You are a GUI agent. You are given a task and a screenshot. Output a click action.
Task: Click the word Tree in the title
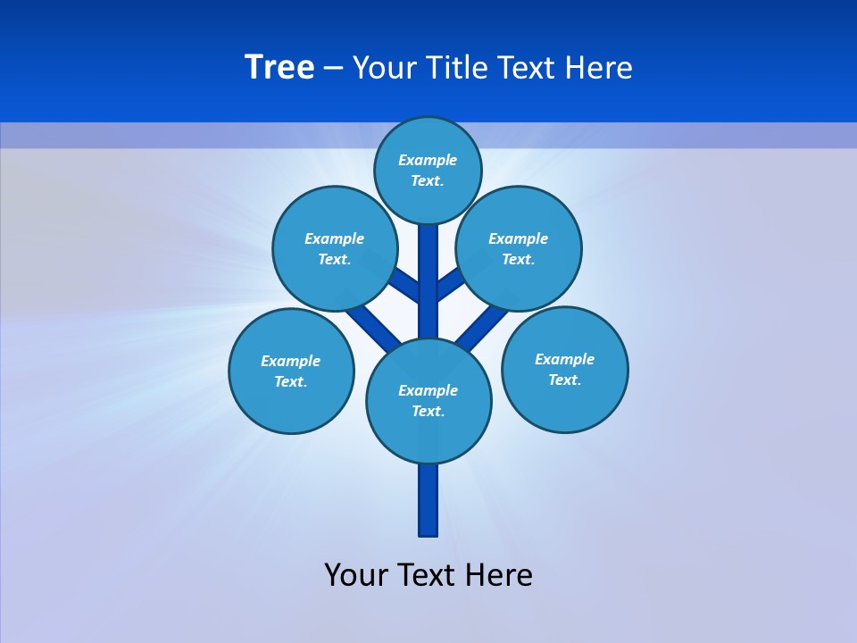click(x=279, y=67)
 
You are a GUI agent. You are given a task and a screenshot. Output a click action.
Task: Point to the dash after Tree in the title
click(x=333, y=68)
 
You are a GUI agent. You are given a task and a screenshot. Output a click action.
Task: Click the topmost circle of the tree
click(x=428, y=170)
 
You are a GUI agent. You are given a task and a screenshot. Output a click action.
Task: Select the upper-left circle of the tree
click(x=334, y=248)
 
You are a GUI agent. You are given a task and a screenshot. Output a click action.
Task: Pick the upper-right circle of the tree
click(x=519, y=248)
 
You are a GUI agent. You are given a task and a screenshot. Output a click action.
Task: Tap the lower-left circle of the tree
click(x=291, y=371)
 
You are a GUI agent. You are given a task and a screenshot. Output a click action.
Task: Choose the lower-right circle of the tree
click(x=564, y=369)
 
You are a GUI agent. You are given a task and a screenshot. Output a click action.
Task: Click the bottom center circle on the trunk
click(x=428, y=400)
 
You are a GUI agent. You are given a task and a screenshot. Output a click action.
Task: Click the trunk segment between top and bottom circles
click(x=428, y=281)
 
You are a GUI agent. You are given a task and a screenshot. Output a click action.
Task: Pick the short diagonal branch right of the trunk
click(x=449, y=285)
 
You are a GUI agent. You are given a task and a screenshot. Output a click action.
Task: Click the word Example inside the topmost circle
click(x=428, y=160)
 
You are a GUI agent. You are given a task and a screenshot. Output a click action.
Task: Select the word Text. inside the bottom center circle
click(x=428, y=411)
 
